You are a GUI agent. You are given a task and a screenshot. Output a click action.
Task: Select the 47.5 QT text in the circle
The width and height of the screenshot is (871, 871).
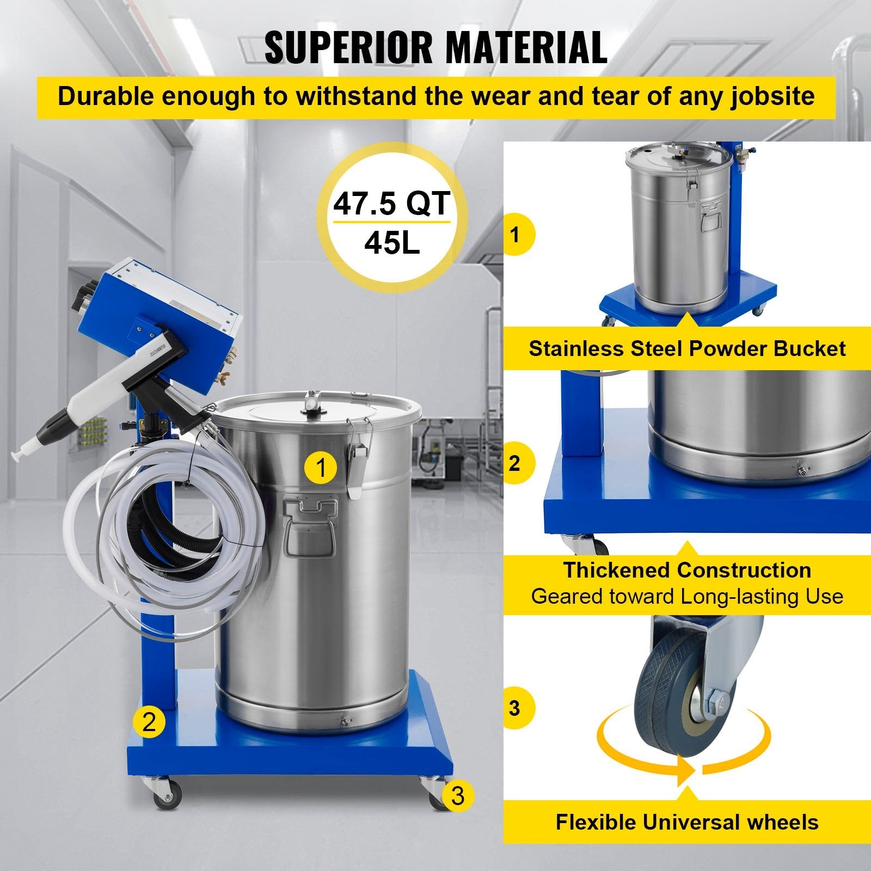(x=391, y=203)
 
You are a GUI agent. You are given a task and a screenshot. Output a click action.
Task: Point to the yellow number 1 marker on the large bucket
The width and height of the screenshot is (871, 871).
(x=322, y=467)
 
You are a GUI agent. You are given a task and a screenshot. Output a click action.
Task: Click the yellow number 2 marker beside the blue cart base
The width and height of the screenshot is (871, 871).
(x=149, y=721)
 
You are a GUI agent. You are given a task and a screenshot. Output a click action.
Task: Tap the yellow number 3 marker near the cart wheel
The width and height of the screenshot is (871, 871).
(x=457, y=795)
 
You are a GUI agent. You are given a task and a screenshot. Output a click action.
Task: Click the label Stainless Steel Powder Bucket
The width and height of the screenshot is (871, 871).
(x=687, y=348)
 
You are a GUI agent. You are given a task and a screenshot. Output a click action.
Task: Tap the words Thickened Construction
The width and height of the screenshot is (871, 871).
(x=687, y=570)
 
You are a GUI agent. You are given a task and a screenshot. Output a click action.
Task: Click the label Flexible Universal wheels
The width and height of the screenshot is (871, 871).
(x=687, y=822)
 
